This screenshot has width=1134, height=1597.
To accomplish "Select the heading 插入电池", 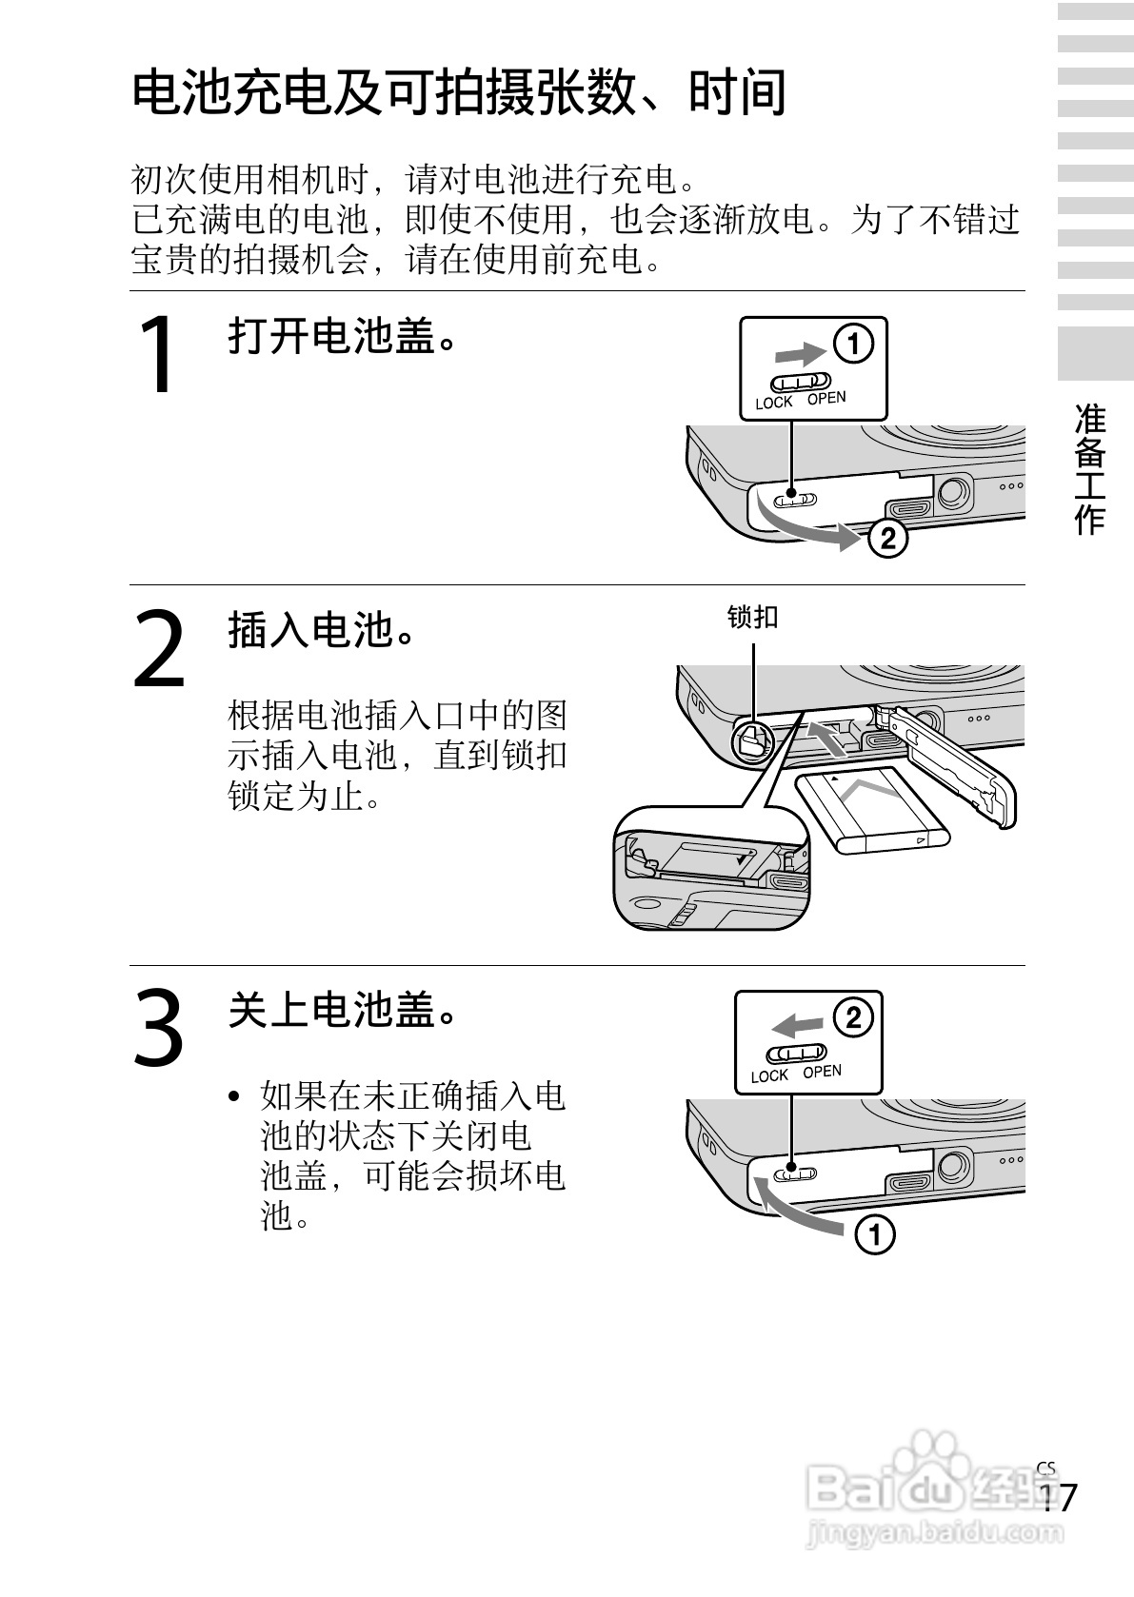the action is (x=321, y=630).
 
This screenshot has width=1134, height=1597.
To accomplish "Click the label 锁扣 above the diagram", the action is (x=752, y=617).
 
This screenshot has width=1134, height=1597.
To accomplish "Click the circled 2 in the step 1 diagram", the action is (x=887, y=539).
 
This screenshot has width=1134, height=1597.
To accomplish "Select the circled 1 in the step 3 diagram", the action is (x=875, y=1234).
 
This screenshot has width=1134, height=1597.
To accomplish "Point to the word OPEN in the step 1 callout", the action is (x=826, y=398).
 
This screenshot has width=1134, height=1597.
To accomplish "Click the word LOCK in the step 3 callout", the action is (x=768, y=1075).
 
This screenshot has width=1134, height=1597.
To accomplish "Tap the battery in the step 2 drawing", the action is (x=872, y=810).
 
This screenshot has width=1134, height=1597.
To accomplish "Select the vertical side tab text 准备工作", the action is (x=1090, y=469).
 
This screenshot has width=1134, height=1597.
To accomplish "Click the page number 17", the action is (x=1057, y=1496).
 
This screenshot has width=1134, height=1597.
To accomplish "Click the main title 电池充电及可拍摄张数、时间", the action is (x=460, y=92).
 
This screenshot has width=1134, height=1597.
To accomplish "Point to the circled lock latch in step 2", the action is (x=753, y=742).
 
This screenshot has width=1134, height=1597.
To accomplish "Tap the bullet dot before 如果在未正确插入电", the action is (x=233, y=1095).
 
